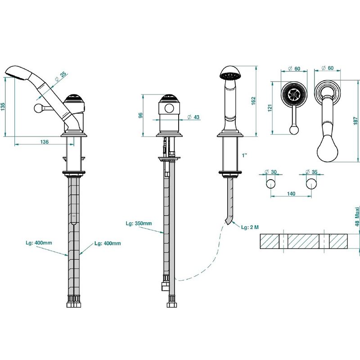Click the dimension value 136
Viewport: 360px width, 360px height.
pyautogui.click(x=44, y=142)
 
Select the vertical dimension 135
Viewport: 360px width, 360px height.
pyautogui.click(x=3, y=107)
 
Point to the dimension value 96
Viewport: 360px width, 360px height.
pyautogui.click(x=141, y=115)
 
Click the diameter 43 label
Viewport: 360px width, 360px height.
pyautogui.click(x=193, y=117)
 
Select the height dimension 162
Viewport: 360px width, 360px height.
pyautogui.click(x=253, y=101)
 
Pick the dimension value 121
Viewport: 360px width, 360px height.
pyautogui.click(x=270, y=108)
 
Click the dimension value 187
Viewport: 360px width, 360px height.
pyautogui.click(x=355, y=121)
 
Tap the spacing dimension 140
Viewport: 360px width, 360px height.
pyautogui.click(x=291, y=193)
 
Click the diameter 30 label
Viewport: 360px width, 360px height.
pyautogui.click(x=271, y=172)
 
